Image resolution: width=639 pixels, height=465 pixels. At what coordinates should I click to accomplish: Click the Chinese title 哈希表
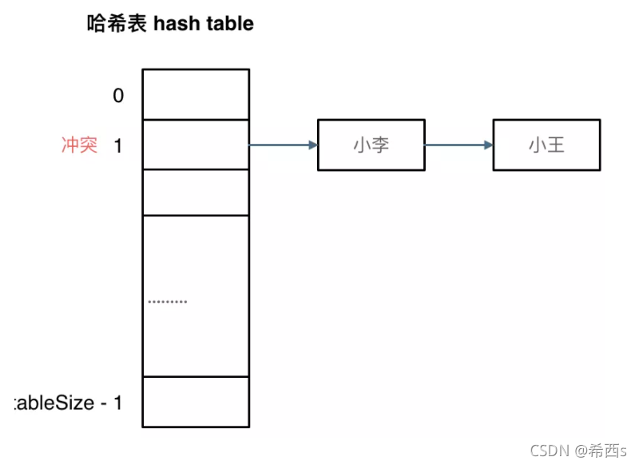pos(117,24)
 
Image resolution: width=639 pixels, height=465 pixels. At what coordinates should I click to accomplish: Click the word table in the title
pos(230,24)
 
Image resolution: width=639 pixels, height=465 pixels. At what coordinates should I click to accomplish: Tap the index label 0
pos(118,96)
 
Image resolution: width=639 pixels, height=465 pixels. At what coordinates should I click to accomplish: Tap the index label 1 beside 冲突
pos(118,146)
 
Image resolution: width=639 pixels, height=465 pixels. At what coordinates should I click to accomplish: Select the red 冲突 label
pos(80,145)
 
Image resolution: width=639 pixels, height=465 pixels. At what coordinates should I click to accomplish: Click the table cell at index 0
pos(196,94)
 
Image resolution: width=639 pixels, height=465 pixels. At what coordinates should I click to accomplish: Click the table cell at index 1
pos(196,145)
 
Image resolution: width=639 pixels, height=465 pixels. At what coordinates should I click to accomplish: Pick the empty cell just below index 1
pos(196,192)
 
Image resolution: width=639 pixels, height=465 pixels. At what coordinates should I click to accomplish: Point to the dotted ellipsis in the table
pos(168,302)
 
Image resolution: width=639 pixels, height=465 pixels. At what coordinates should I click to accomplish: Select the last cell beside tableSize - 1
pos(196,401)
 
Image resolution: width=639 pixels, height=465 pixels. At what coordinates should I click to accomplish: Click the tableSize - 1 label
pos(69,403)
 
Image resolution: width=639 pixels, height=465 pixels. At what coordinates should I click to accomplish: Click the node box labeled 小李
pos(371,145)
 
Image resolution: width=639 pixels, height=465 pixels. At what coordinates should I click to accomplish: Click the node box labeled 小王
pos(546,145)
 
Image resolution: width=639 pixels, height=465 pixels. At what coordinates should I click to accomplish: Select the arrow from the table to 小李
pos(283,145)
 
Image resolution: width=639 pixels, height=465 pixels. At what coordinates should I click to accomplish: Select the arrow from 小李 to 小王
pos(458,145)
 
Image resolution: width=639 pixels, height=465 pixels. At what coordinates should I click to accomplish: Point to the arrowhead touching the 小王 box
pos(487,145)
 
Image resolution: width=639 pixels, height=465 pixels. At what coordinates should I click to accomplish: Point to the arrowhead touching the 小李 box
pos(312,145)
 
